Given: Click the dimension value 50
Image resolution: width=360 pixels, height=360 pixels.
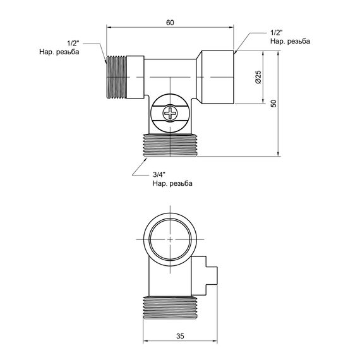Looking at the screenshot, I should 273,104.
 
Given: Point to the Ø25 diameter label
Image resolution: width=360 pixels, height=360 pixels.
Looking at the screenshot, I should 259,78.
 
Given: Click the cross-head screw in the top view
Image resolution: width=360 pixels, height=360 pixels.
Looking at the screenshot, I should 172,114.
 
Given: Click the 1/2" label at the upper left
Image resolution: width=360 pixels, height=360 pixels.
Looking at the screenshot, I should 71,44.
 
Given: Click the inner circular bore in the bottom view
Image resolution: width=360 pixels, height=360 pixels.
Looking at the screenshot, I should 169,240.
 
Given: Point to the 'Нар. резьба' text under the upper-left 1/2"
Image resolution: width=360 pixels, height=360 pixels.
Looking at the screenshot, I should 58,53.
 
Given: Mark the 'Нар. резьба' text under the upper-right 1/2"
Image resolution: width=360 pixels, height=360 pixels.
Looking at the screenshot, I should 290,41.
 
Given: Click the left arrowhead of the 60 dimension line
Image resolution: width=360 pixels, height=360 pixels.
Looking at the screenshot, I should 109,27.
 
